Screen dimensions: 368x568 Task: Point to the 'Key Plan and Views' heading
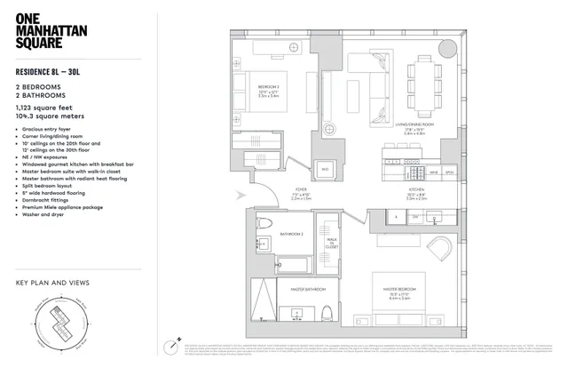[52, 284]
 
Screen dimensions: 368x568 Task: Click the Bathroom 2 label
[291, 235]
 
